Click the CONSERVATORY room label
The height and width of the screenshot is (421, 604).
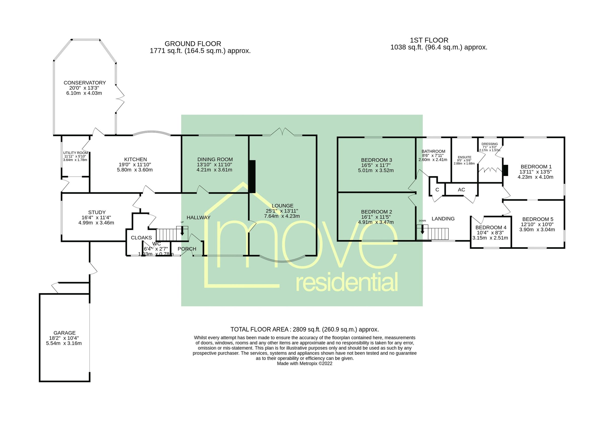[x=85, y=83]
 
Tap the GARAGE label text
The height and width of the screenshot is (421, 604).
[x=64, y=333]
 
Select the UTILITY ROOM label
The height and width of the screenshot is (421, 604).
[x=75, y=153]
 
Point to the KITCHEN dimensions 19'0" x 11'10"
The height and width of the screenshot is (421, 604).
[x=135, y=165]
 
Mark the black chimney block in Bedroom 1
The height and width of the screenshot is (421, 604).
[x=505, y=170]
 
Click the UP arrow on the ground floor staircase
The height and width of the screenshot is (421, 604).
[x=182, y=231]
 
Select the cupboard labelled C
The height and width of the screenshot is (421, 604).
[x=437, y=189]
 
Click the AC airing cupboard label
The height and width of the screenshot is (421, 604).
[x=461, y=189]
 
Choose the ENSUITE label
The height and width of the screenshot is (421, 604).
[x=464, y=157]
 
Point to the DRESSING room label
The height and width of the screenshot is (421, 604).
[x=489, y=144]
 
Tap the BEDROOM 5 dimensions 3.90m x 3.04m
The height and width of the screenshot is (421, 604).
[x=537, y=229]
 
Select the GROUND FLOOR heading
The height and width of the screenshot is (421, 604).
[x=193, y=44]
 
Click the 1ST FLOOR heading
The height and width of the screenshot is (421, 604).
[x=429, y=40]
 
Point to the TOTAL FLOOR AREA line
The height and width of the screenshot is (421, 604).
[x=304, y=329]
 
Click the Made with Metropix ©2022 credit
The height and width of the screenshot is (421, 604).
[x=304, y=363]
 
